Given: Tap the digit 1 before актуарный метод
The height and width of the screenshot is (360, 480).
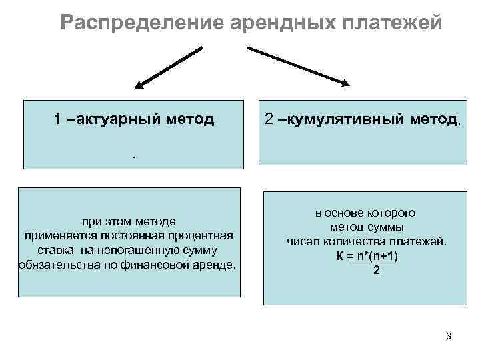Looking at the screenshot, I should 59,119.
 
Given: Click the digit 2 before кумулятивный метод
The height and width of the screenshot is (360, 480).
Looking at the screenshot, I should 269,119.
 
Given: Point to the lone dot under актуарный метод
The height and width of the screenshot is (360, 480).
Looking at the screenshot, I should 133,156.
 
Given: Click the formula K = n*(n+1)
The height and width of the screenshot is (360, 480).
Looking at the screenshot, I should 371,256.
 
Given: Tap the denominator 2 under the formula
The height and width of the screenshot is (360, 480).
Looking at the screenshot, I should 377,271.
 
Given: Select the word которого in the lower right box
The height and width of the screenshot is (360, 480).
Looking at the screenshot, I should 393,213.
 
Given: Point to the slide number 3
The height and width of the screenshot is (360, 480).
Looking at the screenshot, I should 448,336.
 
